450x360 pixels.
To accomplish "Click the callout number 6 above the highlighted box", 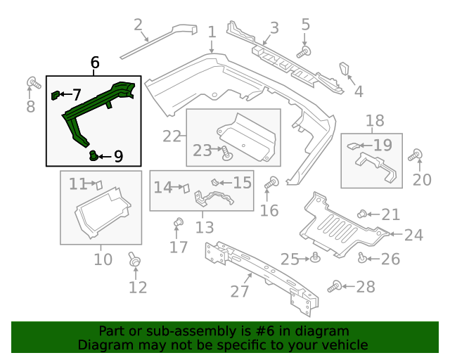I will pyautogui.click(x=95, y=63).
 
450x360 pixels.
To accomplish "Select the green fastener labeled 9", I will pyautogui.click(x=93, y=154).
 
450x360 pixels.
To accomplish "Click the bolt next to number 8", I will pyautogui.click(x=32, y=83).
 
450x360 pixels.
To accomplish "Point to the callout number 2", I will pyautogui.click(x=139, y=25).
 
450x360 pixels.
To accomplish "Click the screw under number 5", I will pyautogui.click(x=303, y=51).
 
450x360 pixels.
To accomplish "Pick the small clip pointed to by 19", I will pyautogui.click(x=354, y=146).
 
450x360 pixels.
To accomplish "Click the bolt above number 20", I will pyautogui.click(x=418, y=155).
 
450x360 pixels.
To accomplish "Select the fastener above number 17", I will pyautogui.click(x=178, y=224).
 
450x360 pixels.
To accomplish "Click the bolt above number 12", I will pyautogui.click(x=134, y=260).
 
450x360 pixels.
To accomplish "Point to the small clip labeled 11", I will pyautogui.click(x=98, y=184).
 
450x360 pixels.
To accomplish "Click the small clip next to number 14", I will pyautogui.click(x=186, y=188).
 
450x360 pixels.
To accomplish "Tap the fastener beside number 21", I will pyautogui.click(x=362, y=214).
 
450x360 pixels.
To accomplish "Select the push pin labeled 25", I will pyautogui.click(x=316, y=258).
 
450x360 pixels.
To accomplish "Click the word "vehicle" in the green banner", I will pyautogui.click(x=345, y=345).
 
